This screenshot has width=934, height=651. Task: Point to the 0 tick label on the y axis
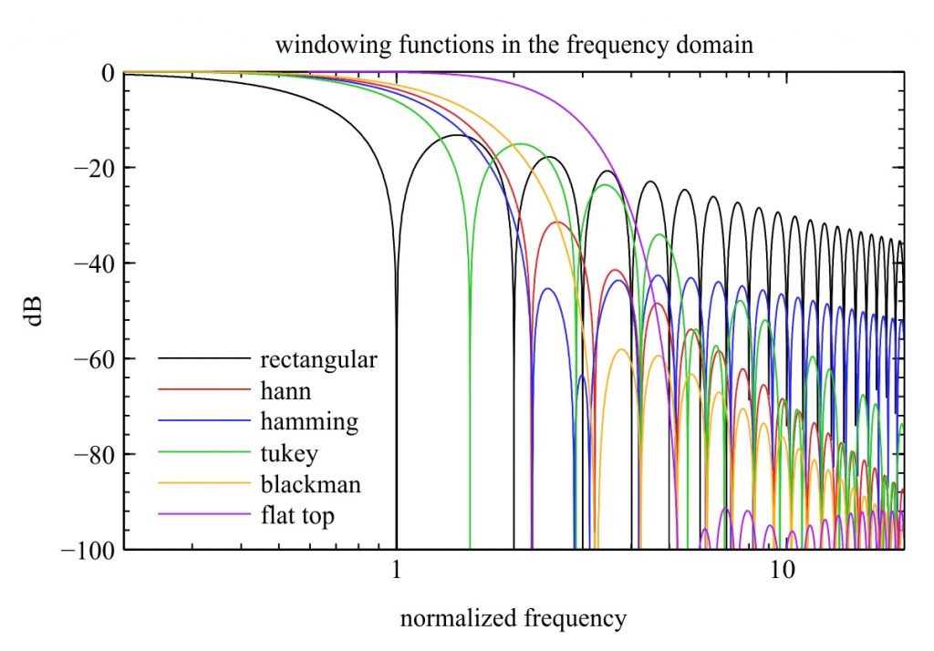108,73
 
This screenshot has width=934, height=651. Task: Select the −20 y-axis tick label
94,168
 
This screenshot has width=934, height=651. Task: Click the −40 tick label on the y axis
94,263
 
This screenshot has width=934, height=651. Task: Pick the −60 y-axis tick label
94,358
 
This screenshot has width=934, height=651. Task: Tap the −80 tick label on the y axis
94,454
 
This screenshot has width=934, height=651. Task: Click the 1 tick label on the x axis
396,571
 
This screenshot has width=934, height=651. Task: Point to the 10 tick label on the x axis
782,571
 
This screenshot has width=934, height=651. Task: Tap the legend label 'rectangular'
318,360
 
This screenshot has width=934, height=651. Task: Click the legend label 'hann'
285,391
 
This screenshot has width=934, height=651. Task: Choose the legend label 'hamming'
309,421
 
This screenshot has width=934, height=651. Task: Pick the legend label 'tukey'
289,454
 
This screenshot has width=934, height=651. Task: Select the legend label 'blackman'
310,483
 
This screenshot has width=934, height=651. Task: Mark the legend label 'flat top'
297,515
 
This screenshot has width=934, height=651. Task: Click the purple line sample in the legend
203,513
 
